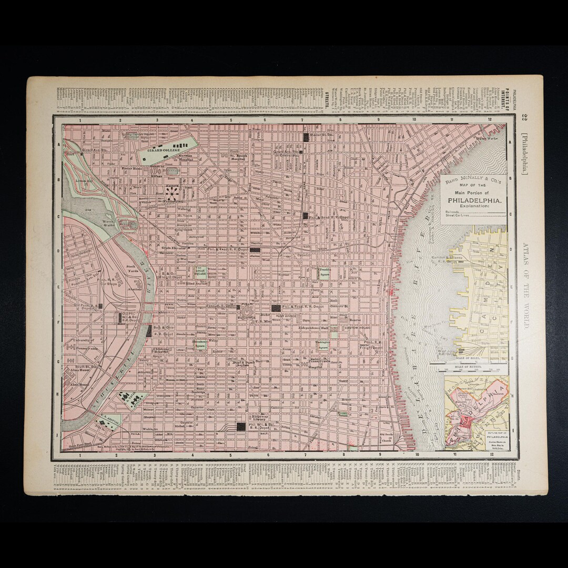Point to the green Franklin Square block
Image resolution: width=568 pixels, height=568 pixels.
point(323,272)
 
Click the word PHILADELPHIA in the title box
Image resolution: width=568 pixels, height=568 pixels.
point(474,200)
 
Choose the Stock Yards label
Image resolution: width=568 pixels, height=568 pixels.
point(131,268)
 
